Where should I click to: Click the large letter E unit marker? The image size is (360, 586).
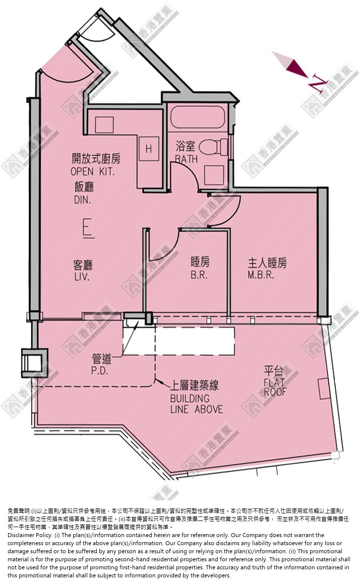tap(88, 229)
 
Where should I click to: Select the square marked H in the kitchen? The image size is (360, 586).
tap(149, 149)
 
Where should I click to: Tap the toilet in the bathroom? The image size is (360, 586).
tap(213, 147)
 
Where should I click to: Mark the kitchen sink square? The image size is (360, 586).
tap(104, 125)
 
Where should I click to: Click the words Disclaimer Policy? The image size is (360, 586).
tap(29, 535)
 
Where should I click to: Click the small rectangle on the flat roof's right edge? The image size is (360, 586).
tap(323, 388)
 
